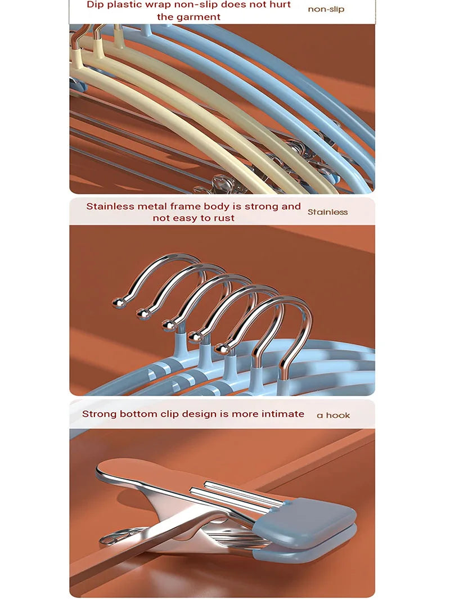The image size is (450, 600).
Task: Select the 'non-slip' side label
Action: point(326,9)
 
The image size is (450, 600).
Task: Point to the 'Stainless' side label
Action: point(327,212)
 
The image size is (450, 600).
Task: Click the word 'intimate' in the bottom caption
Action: point(283,414)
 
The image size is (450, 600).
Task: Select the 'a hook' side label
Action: point(334,415)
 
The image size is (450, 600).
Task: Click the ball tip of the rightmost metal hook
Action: point(222,349)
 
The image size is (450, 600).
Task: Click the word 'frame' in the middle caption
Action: point(185,206)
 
